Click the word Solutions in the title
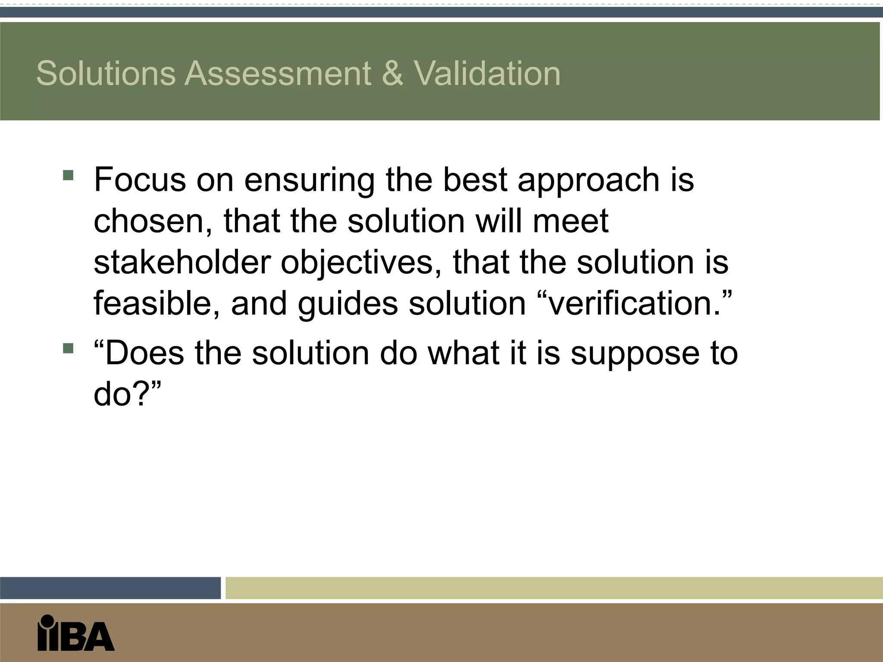(106, 73)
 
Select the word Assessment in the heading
(278, 73)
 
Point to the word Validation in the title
(487, 73)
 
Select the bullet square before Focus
(68, 175)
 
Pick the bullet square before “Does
(68, 348)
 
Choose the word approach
(589, 180)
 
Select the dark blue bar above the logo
(110, 588)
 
